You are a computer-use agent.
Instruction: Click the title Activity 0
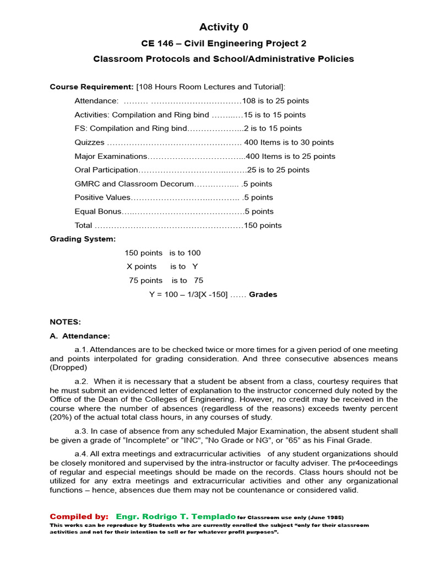point(224,27)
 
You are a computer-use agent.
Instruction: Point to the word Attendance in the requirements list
point(96,101)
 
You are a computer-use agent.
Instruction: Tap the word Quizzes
point(89,142)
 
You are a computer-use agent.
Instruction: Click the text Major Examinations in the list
point(111,156)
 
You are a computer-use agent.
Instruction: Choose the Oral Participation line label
point(106,170)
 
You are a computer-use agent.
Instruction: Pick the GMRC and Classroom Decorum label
point(134,184)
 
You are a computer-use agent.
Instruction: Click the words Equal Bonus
point(97,211)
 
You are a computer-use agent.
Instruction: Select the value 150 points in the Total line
point(263,225)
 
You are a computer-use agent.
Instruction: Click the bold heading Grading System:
point(83,239)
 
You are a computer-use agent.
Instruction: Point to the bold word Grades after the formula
point(263,295)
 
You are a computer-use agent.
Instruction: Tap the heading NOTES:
point(65,322)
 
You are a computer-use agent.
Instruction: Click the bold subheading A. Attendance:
point(80,335)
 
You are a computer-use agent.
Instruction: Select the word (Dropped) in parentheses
point(68,367)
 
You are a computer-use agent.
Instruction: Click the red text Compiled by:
point(79,516)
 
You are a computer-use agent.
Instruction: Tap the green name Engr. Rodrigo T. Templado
point(176,516)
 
